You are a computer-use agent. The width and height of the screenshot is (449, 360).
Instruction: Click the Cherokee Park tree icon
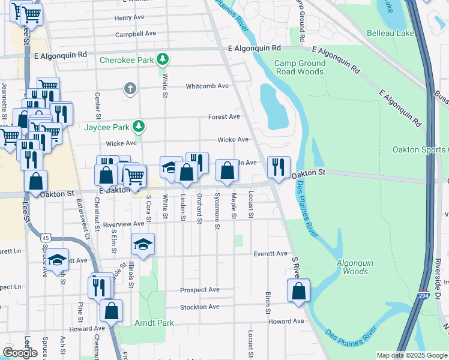(161, 59)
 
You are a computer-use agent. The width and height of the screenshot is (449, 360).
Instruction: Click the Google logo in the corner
(20, 353)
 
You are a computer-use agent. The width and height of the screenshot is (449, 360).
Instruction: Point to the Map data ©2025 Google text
(412, 355)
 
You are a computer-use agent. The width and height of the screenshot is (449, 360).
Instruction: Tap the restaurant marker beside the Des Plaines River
(279, 167)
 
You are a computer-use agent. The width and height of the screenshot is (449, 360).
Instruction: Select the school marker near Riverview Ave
(143, 244)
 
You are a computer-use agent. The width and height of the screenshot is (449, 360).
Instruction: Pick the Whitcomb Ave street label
(207, 86)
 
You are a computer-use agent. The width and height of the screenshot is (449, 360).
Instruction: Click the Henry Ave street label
(130, 18)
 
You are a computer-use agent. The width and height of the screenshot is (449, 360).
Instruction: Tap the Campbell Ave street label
(136, 34)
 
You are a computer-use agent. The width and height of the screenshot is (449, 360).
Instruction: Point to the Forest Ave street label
(224, 117)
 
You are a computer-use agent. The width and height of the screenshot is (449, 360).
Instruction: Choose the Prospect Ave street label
(200, 290)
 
